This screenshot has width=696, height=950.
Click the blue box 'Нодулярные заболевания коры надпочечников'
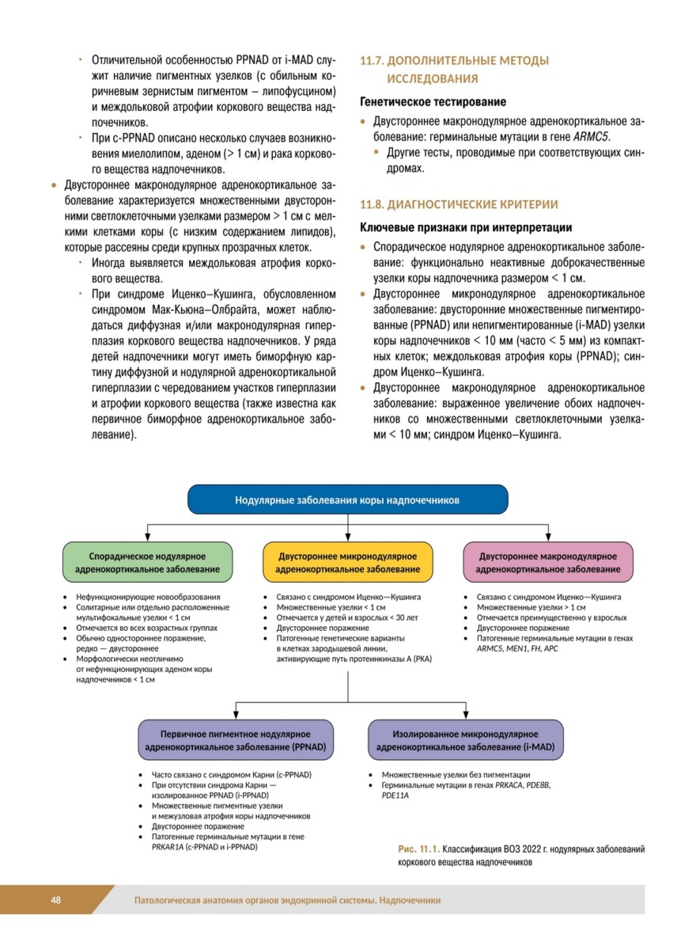point(347,500)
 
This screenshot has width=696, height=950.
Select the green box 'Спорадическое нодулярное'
point(148,563)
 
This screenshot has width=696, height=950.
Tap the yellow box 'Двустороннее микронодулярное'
point(348,563)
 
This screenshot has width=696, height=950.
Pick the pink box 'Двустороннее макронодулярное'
point(548,563)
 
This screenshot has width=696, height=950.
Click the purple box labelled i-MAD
point(466,740)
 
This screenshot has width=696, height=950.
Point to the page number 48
point(56,900)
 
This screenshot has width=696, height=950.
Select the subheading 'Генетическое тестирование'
point(433,102)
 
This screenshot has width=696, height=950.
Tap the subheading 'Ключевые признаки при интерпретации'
point(466,228)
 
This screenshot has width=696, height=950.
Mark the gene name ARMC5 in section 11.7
point(592,136)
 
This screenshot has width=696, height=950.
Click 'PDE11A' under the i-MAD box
point(395,795)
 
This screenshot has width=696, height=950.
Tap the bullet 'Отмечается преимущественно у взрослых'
point(551,617)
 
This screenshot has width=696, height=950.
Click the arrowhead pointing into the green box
point(148,538)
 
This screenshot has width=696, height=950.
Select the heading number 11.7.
point(373,61)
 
